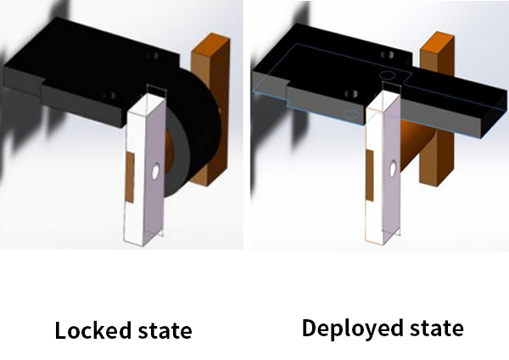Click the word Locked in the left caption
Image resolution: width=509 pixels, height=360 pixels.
pos(92,330)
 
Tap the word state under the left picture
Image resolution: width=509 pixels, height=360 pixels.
pos(165,331)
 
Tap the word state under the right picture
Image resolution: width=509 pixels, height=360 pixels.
pos(437,328)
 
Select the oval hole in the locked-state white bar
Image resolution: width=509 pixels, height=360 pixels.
pos(155,172)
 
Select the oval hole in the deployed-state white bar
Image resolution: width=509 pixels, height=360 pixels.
pos(393,169)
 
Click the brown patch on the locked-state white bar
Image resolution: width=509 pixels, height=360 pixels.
pos(130,177)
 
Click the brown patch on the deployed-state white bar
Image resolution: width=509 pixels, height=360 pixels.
pos(370,176)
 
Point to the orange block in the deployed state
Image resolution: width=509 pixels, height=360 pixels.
pos(437,107)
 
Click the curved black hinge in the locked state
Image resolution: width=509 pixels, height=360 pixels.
pos(195,130)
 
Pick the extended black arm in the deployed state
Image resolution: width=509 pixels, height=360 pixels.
pos(455,101)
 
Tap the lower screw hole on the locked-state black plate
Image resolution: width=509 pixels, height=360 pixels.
pos(109,96)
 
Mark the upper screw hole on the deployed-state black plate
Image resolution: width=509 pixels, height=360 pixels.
pos(387,54)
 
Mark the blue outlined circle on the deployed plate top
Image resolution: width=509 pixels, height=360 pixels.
pos(388,76)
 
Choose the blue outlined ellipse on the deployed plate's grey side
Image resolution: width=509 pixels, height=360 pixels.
pos(351,114)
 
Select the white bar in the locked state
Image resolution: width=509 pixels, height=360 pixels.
pos(144,167)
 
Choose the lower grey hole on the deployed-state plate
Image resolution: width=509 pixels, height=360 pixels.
pos(351,94)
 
